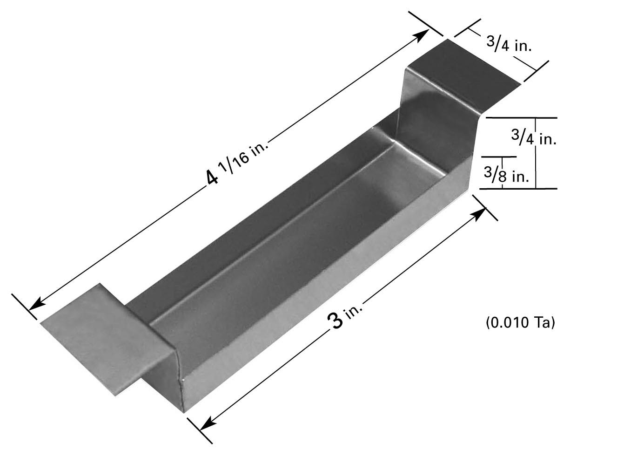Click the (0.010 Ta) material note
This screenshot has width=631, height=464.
tap(520, 322)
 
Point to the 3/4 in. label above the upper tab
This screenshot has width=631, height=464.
tap(509, 44)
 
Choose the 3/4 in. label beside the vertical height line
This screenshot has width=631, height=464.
tap(534, 137)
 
